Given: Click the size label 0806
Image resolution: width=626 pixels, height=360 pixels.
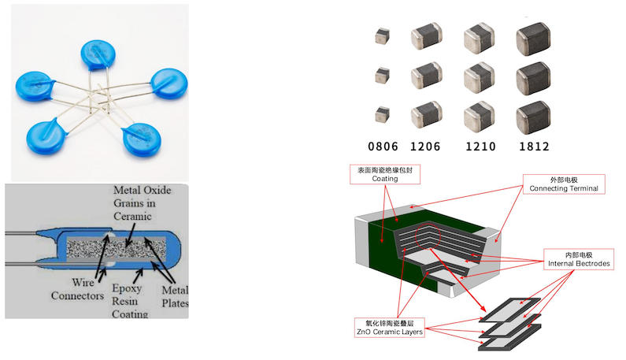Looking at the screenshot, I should point(383,147).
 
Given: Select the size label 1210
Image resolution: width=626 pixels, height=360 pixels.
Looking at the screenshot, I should point(480,147).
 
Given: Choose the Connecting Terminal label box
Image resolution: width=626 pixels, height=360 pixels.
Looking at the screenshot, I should point(564,184).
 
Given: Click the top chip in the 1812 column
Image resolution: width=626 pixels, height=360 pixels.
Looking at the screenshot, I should point(532,40).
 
